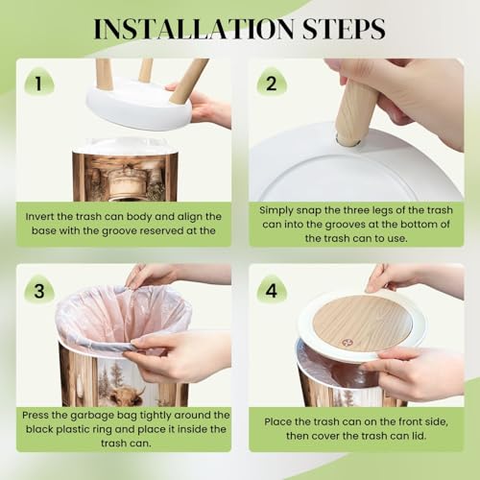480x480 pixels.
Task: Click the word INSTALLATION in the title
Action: click(194, 29)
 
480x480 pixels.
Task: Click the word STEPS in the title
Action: click(344, 29)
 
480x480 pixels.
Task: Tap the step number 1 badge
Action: click(39, 83)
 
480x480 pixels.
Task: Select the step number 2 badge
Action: click(272, 83)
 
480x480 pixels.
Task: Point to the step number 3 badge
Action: click(39, 290)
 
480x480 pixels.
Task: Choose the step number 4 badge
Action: click(272, 290)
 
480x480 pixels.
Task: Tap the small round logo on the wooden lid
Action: click(346, 343)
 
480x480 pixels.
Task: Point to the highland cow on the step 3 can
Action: click(127, 396)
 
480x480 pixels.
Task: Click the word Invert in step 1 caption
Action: click(38, 217)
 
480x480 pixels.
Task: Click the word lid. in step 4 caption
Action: click(418, 436)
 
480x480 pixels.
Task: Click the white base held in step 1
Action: click(139, 104)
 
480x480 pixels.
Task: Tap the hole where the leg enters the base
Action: click(348, 141)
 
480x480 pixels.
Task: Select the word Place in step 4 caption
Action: click(277, 421)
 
